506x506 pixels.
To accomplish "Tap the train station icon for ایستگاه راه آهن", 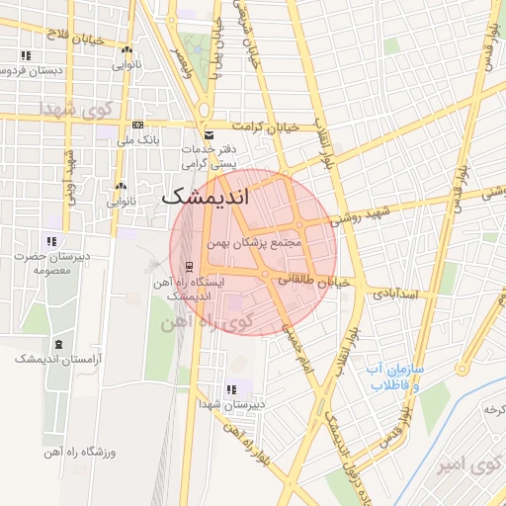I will pyautogui.click(x=188, y=265).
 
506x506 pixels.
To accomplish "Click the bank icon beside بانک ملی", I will pyautogui.click(x=137, y=126).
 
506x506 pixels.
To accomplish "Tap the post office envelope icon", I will pyautogui.click(x=208, y=135).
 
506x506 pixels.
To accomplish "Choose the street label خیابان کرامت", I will pyautogui.click(x=265, y=126).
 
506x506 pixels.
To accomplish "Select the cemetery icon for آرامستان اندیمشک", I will pyautogui.click(x=58, y=344).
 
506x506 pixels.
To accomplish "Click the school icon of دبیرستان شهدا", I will pyautogui.click(x=230, y=389).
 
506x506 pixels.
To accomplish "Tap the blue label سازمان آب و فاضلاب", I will pyautogui.click(x=394, y=378).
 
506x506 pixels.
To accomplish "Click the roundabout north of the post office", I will pyautogui.click(x=203, y=110).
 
